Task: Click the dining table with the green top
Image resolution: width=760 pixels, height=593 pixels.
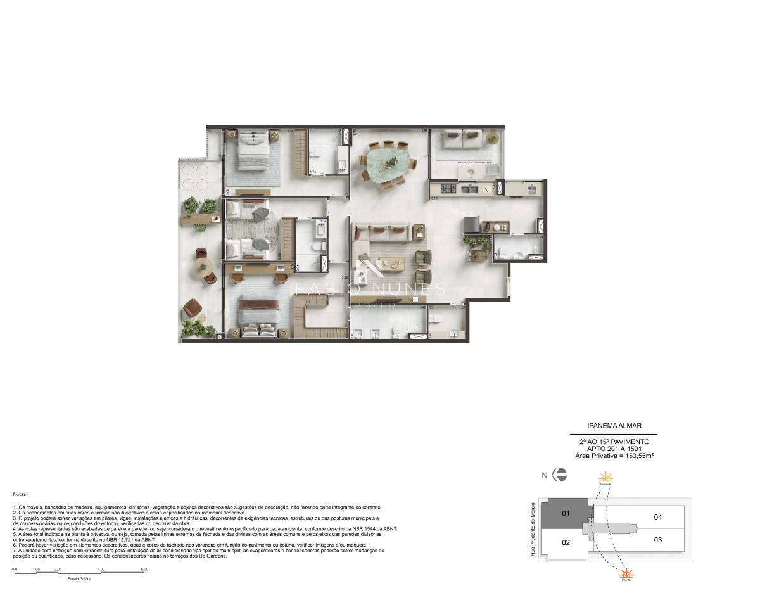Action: (x=387, y=163)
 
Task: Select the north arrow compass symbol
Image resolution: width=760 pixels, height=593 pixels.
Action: (x=559, y=475)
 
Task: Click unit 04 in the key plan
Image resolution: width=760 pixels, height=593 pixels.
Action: (x=657, y=517)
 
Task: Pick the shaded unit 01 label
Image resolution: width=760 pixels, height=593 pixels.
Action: (x=566, y=514)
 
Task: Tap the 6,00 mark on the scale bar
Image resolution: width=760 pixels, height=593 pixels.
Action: (x=144, y=569)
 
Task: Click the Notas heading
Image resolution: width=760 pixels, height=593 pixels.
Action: (x=20, y=493)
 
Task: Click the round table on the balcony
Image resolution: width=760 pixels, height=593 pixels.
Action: (x=203, y=267)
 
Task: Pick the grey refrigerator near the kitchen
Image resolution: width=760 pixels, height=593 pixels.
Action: (x=472, y=225)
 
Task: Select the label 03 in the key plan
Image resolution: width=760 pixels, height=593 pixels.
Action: (x=657, y=540)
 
